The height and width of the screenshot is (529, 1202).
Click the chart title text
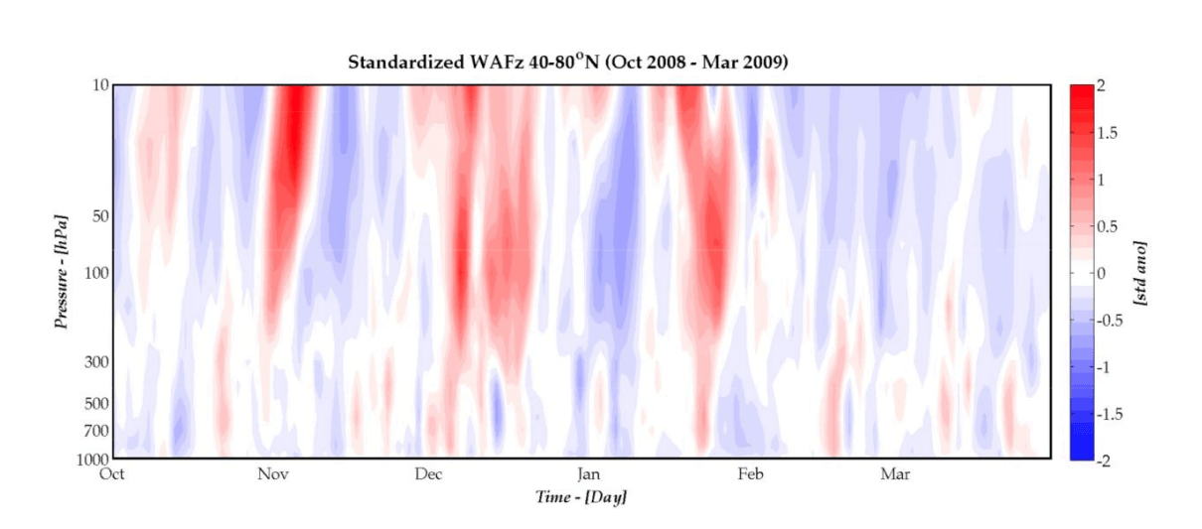[x=567, y=63]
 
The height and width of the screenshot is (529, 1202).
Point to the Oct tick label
[x=112, y=473]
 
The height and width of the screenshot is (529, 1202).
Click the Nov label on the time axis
[x=273, y=473]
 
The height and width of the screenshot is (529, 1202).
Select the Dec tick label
[x=429, y=473]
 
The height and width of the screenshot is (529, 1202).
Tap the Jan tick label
[x=588, y=473]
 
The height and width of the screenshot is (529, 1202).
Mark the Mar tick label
[x=895, y=473]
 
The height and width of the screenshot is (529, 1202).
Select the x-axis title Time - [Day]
[x=581, y=496]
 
